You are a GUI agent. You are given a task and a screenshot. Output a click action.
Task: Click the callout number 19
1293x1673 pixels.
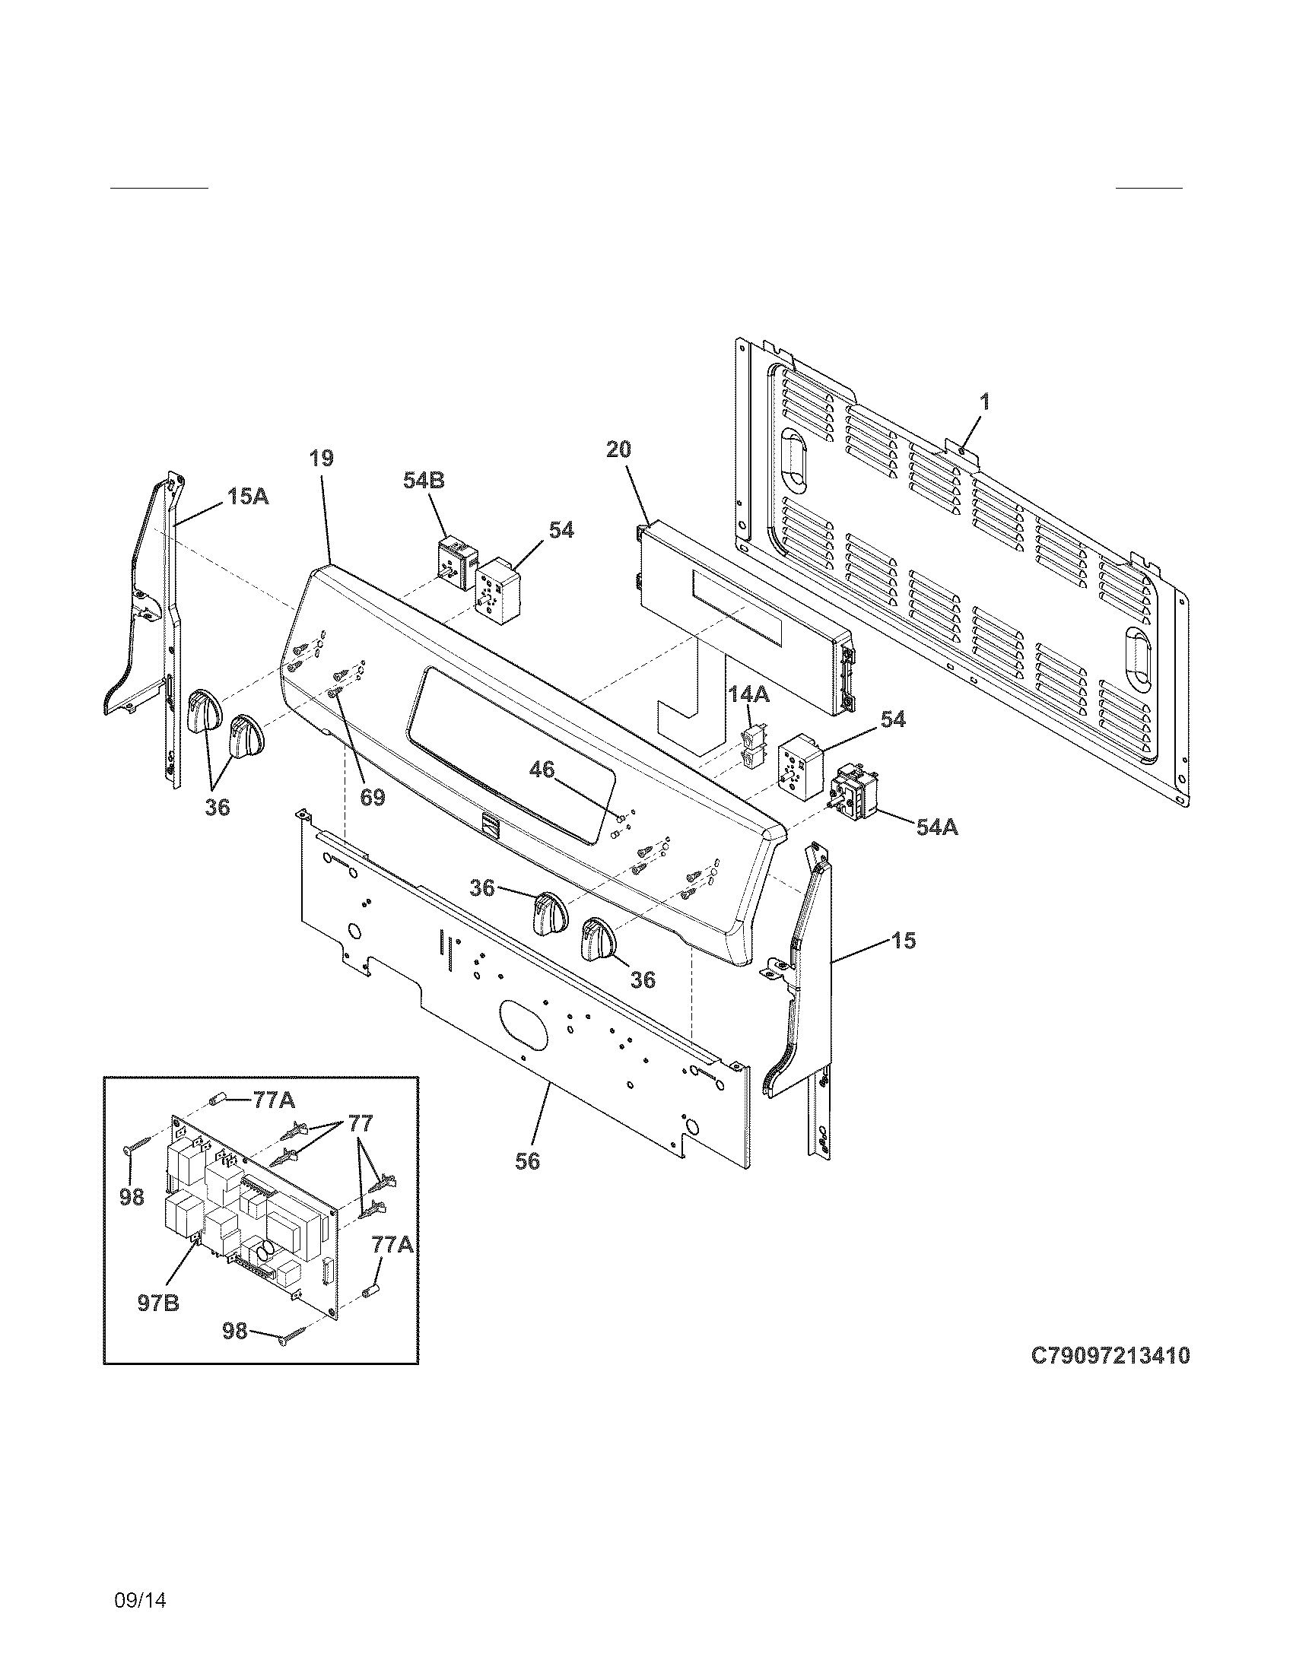point(322,459)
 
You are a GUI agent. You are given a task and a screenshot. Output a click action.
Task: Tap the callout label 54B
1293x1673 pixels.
point(424,481)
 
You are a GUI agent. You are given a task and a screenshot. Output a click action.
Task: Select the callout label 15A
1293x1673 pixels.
point(247,497)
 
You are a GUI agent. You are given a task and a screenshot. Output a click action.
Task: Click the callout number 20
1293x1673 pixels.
point(618,449)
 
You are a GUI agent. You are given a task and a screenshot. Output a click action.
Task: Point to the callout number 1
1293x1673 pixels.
point(985,402)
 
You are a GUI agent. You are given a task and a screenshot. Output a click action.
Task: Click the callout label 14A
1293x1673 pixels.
point(748,695)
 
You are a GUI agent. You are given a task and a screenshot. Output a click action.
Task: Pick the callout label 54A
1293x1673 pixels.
point(937,827)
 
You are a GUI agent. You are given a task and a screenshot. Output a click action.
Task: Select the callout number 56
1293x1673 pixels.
point(527,1160)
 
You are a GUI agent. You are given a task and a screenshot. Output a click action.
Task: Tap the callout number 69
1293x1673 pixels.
point(372,797)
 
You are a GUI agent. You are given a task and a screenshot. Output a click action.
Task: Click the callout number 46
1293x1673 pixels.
point(542,769)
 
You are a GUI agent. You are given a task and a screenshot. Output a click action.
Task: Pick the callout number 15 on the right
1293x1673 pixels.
point(904,941)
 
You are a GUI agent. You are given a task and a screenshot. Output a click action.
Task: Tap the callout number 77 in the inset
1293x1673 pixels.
point(360,1123)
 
